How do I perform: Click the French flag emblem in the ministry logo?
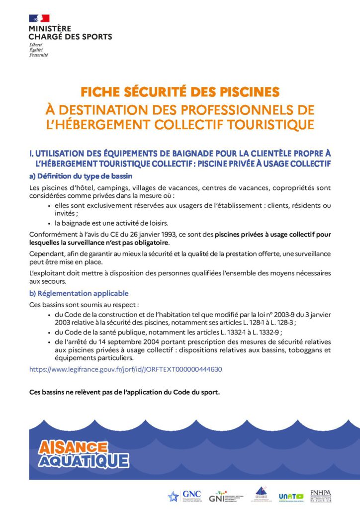(x=39, y=18)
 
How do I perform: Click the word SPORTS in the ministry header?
(x=96, y=36)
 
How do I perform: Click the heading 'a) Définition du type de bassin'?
(x=81, y=176)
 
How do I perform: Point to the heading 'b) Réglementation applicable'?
(x=79, y=293)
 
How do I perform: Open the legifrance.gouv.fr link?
(x=125, y=369)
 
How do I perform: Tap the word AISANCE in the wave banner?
(x=73, y=447)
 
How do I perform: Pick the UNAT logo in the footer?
(x=291, y=496)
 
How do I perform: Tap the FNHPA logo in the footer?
(x=320, y=495)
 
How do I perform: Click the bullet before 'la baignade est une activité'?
(x=49, y=224)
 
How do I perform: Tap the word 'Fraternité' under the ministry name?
(x=38, y=55)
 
